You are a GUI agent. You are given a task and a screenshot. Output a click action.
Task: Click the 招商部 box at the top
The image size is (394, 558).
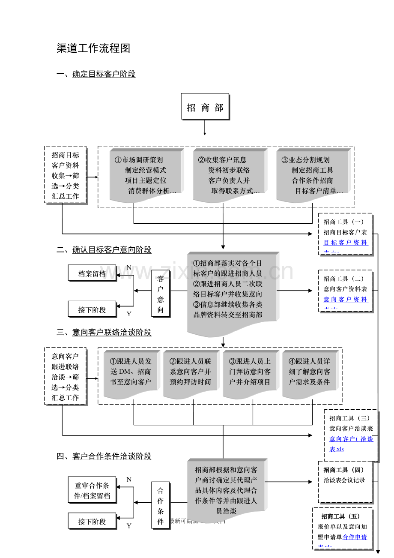pyautogui.click(x=205, y=107)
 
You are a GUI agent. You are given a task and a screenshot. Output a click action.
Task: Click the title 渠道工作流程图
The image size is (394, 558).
pyautogui.click(x=93, y=48)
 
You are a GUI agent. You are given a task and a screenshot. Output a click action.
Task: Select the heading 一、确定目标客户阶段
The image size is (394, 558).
pyautogui.click(x=96, y=74)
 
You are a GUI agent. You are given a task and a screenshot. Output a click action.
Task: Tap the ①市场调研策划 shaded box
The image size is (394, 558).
pyautogui.click(x=146, y=175)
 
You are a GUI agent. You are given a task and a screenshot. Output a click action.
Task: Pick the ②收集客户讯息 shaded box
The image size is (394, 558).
pyautogui.click(x=229, y=175)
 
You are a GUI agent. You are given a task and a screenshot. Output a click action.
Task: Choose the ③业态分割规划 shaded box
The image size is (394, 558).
pyautogui.click(x=313, y=175)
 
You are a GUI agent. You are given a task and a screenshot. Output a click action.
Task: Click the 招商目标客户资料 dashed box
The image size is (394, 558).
pyautogui.click(x=66, y=175)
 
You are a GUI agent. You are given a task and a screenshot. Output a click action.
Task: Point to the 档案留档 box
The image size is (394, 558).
pyautogui.click(x=92, y=273)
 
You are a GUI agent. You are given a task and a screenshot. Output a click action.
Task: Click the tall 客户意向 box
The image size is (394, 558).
pyautogui.click(x=161, y=294)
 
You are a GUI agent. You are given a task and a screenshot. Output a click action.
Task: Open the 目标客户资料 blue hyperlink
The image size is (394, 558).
pyautogui.click(x=346, y=243)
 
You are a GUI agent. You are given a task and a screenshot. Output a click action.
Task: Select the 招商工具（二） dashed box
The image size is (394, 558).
pyautogui.click(x=345, y=290)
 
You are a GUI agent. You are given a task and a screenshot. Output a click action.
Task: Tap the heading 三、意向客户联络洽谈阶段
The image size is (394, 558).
pyautogui.click(x=104, y=333)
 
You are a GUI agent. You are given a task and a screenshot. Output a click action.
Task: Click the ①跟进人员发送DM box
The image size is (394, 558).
pyautogui.click(x=131, y=372)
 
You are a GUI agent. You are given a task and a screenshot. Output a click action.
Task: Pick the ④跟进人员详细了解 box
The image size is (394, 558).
pyautogui.click(x=309, y=372)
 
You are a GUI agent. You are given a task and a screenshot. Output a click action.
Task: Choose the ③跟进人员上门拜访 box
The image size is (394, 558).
pyautogui.click(x=250, y=372)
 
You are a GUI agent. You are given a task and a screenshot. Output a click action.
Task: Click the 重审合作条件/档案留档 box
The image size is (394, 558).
pyautogui.click(x=92, y=491)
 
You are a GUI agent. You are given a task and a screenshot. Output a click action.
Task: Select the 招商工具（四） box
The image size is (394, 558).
pyautogui.click(x=345, y=482)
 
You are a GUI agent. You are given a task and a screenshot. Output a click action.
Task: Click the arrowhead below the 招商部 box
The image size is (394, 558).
pyautogui.click(x=205, y=134)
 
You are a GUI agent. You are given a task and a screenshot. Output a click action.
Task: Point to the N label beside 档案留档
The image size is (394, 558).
pyautogui.click(x=129, y=268)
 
